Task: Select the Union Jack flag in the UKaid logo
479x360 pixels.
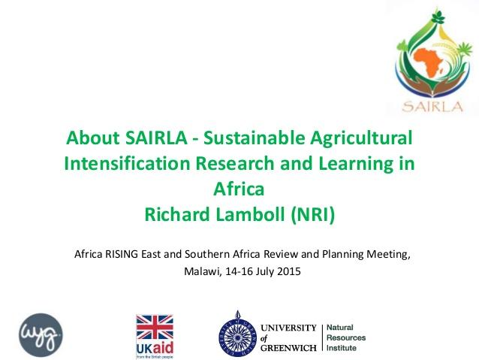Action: pyautogui.click(x=154, y=328)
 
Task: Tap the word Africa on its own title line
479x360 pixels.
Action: pyautogui.click(x=239, y=189)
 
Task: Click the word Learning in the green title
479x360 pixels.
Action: pyautogui.click(x=358, y=164)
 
